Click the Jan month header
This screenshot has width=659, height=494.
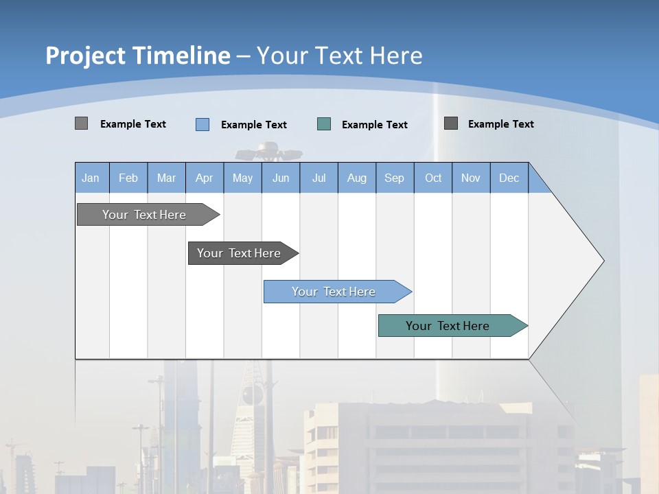tap(91, 178)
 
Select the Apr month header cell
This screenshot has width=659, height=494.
tap(205, 178)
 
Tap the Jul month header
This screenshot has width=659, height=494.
tap(319, 178)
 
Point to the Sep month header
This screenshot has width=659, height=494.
tap(395, 178)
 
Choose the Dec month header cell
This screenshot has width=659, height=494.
tap(509, 178)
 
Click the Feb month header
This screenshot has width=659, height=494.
tap(128, 178)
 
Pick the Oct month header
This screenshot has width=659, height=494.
tap(433, 178)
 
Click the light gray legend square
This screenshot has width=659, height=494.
tap(81, 123)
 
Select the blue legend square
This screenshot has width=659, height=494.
tap(202, 124)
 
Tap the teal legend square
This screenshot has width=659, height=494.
tap(324, 124)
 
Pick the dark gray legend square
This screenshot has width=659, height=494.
tap(451, 123)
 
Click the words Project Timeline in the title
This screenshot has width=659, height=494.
tap(137, 56)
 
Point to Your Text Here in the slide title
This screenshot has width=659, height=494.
tap(339, 56)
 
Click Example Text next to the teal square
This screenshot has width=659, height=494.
tap(374, 125)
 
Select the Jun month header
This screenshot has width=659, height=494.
tap(281, 178)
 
